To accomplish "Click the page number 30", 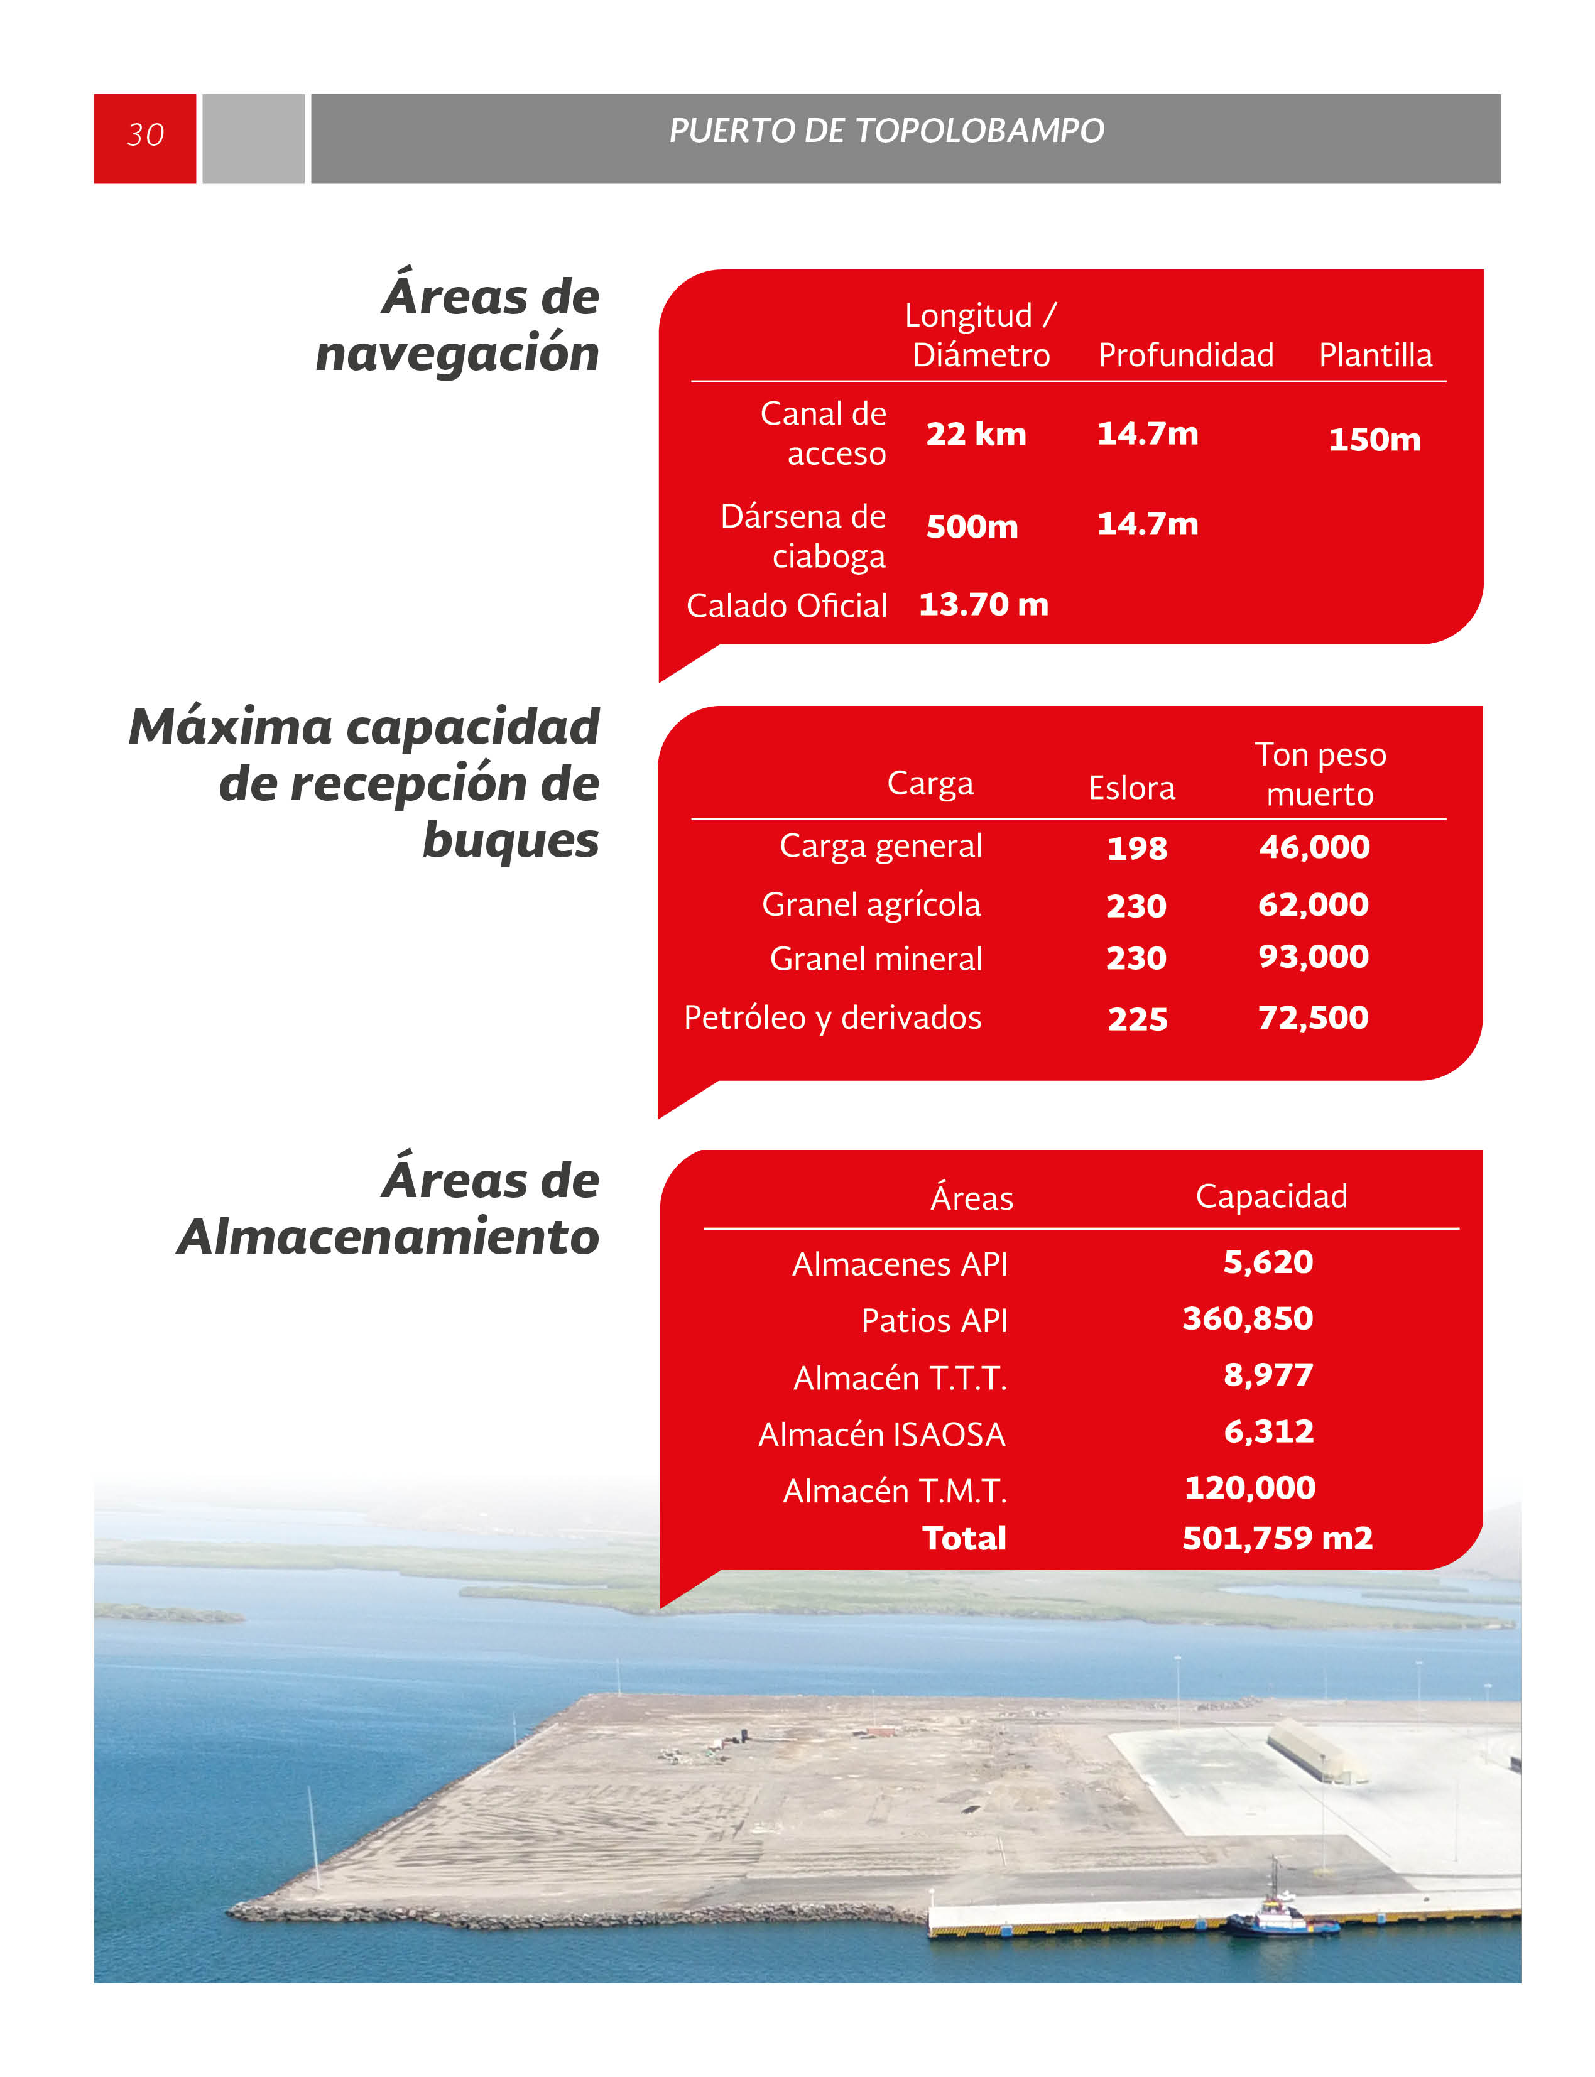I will coord(145,135).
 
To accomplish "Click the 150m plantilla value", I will coord(1374,440).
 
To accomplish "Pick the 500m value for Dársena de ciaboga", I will coord(972,526).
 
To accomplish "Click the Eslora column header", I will coord(1131,788).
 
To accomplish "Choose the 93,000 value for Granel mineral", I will coord(1313,956).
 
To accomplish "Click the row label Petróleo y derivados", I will coord(832,1017).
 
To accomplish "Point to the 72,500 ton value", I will coord(1313,1017).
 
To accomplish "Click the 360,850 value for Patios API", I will coord(1248,1318).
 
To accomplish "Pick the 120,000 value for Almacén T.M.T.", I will coord(1249,1487).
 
